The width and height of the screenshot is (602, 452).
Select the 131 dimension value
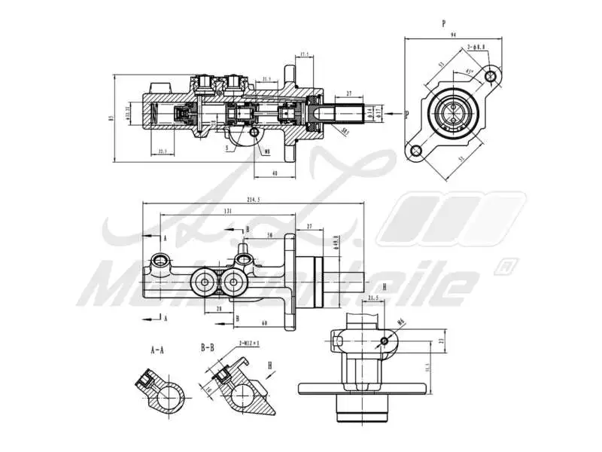tap(227, 211)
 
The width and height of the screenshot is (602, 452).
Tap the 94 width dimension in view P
tap(453, 34)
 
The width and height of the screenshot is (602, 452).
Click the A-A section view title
tap(158, 350)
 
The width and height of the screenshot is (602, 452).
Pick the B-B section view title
tap(208, 348)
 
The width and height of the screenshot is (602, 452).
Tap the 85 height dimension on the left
tap(111, 118)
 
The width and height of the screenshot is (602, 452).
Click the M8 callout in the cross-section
tap(267, 151)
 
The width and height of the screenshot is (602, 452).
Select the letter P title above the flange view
tap(443, 23)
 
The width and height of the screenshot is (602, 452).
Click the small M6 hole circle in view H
tap(385, 341)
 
